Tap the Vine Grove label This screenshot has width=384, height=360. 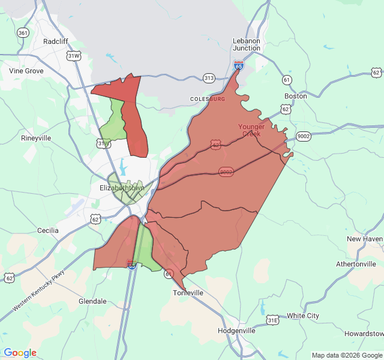pyautogui.click(x=26, y=71)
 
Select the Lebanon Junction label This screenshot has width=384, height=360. pyautogui.click(x=247, y=44)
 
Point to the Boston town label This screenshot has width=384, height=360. pyautogui.click(x=295, y=96)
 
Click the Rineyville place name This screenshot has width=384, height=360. pyautogui.click(x=36, y=138)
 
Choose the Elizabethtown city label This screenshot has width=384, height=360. pyautogui.click(x=122, y=188)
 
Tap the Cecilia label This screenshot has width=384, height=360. pyautogui.click(x=48, y=230)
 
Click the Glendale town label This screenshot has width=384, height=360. pyautogui.click(x=92, y=301)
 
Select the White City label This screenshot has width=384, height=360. pyautogui.click(x=303, y=316)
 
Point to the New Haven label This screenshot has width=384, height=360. pyautogui.click(x=364, y=239)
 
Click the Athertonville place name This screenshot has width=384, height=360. pyautogui.click(x=356, y=264)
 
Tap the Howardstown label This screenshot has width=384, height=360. pyautogui.click(x=364, y=334)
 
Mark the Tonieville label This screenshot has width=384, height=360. pyautogui.click(x=188, y=293)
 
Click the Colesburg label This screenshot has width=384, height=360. pyautogui.click(x=208, y=98)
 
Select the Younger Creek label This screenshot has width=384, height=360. pyautogui.click(x=251, y=130)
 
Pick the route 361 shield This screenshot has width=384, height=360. pyautogui.click(x=23, y=32)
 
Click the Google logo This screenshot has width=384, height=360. pyautogui.click(x=20, y=353)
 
